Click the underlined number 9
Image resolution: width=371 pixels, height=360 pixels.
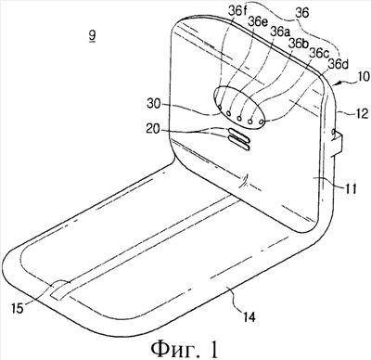coord(92,35)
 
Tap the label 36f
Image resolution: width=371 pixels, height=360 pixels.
coord(238,11)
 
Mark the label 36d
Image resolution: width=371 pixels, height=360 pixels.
coord(339,65)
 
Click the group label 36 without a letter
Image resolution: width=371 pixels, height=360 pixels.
coord(301,13)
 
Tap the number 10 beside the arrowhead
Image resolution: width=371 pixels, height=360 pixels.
coord(363,76)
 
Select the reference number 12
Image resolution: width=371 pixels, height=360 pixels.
coord(362,114)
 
